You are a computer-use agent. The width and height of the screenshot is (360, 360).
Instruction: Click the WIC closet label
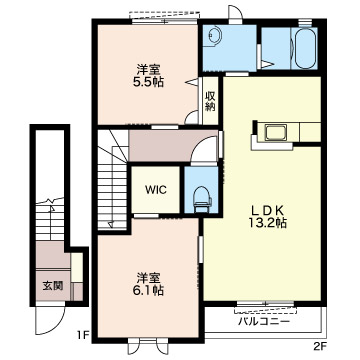click(155, 190)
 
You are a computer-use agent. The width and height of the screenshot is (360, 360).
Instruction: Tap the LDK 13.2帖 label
click(268, 216)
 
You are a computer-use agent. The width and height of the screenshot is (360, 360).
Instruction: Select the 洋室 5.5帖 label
click(149, 76)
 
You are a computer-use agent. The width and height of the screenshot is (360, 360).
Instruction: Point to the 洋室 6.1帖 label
click(149, 284)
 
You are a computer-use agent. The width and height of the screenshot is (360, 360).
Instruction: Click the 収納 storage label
click(210, 101)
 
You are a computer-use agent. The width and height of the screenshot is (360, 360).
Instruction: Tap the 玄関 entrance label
click(53, 286)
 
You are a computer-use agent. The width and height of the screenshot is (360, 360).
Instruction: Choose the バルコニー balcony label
click(264, 322)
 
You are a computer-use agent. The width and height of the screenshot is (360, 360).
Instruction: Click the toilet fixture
click(202, 199)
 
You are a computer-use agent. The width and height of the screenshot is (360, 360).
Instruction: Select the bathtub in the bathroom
click(305, 48)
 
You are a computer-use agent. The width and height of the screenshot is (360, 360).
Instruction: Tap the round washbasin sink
click(214, 35)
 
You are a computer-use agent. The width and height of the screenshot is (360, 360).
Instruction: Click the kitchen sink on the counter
click(275, 133)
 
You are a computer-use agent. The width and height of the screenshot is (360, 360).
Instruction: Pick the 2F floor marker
click(319, 348)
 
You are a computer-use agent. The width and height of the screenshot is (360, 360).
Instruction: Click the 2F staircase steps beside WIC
click(112, 180)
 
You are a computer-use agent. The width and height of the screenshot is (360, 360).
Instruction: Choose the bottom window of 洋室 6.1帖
click(149, 346)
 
